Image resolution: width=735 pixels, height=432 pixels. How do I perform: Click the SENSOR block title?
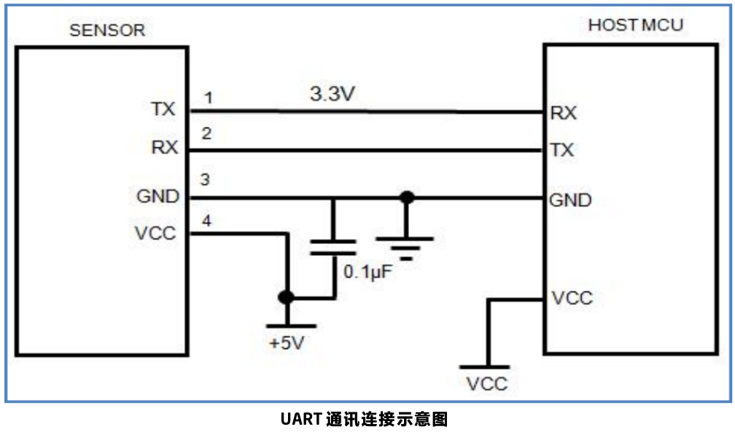click(106, 31)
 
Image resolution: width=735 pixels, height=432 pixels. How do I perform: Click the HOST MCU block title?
click(636, 25)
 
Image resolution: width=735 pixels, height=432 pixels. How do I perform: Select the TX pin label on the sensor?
click(163, 109)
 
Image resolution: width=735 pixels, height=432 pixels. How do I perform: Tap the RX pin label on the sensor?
click(164, 148)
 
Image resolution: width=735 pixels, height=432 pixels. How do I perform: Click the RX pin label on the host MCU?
click(563, 113)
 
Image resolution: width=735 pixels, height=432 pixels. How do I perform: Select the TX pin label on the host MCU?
click(562, 150)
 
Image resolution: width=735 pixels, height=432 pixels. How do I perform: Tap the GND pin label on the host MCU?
click(569, 200)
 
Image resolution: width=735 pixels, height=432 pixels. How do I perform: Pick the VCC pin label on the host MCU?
click(572, 298)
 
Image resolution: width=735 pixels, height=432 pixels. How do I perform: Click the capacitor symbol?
click(333, 246)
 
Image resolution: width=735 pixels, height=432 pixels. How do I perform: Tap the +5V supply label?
click(287, 342)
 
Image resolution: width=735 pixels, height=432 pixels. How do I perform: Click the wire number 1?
click(209, 97)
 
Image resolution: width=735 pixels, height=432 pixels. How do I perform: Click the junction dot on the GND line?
click(407, 197)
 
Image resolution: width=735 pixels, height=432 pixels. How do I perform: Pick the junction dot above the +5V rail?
click(287, 297)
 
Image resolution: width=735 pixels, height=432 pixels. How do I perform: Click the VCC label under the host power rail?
click(487, 384)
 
